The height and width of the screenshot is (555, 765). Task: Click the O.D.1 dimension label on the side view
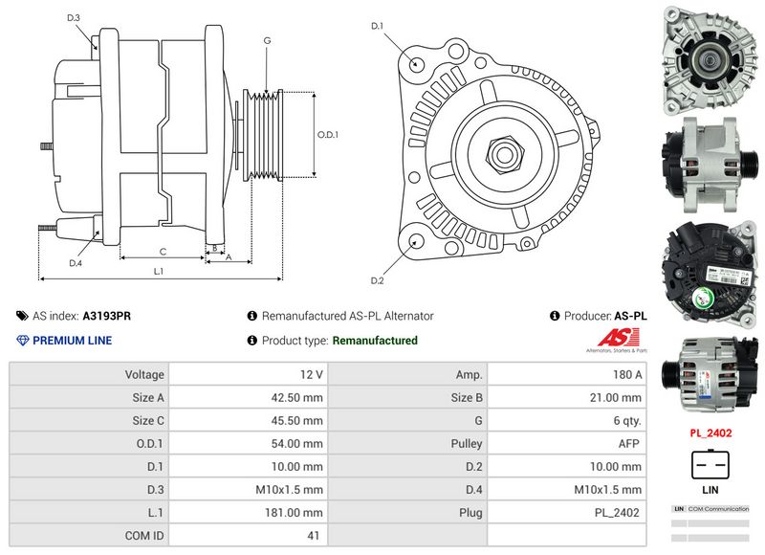pyautogui.click(x=328, y=134)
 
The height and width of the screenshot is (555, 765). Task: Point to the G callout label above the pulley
pyautogui.click(x=267, y=40)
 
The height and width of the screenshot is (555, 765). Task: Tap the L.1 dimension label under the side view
pyautogui.click(x=159, y=272)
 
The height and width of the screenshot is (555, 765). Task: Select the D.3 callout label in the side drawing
pyautogui.click(x=74, y=18)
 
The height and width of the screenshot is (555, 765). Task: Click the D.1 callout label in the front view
pyautogui.click(x=377, y=26)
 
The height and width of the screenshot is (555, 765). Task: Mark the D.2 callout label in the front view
pyautogui.click(x=377, y=280)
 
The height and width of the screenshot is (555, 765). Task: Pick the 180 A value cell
pyautogui.click(x=627, y=374)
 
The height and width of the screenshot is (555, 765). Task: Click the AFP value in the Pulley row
pyautogui.click(x=630, y=444)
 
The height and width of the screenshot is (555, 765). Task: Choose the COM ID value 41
pyautogui.click(x=313, y=536)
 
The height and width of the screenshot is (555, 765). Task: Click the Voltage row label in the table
pyautogui.click(x=144, y=374)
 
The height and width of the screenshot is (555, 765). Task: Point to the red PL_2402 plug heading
pyautogui.click(x=710, y=433)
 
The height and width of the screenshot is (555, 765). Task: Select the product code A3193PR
pyautogui.click(x=108, y=316)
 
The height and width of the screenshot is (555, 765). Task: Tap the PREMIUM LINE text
pyautogui.click(x=72, y=341)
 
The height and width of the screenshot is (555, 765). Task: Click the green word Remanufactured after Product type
pyautogui.click(x=375, y=341)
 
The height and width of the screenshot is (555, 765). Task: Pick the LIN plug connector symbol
pyautogui.click(x=710, y=465)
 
